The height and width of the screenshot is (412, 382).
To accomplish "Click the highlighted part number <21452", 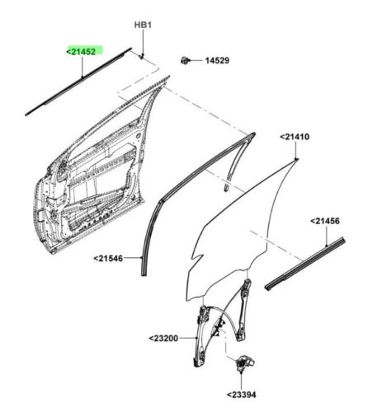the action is pyautogui.click(x=82, y=51).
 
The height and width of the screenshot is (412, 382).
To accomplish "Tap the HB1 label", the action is pyautogui.click(x=143, y=26).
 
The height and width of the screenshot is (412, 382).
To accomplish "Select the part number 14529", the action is pyautogui.click(x=217, y=60).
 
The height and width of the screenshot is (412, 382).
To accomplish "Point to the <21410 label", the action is pyautogui.click(x=295, y=137).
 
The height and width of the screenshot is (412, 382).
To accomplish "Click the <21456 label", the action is pyautogui.click(x=325, y=221).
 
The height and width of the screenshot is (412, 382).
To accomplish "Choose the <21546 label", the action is pyautogui.click(x=108, y=258).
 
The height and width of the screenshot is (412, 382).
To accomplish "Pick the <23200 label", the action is pyautogui.click(x=163, y=338).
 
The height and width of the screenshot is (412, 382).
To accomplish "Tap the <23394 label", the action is pyautogui.click(x=241, y=395).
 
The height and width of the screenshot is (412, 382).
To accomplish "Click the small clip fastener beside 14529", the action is pyautogui.click(x=185, y=60).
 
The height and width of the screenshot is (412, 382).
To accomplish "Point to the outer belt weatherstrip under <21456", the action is pyautogui.click(x=304, y=264).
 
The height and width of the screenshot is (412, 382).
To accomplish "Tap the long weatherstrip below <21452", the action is pyautogui.click(x=78, y=82).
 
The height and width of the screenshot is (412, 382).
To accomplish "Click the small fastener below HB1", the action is pyautogui.click(x=142, y=56).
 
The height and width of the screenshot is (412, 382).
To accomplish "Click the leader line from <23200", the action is pyautogui.click(x=188, y=338).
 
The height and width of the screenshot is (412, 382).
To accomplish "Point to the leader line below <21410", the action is pyautogui.click(x=295, y=150).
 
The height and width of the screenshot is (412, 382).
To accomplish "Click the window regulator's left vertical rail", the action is pyautogui.click(x=201, y=336).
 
